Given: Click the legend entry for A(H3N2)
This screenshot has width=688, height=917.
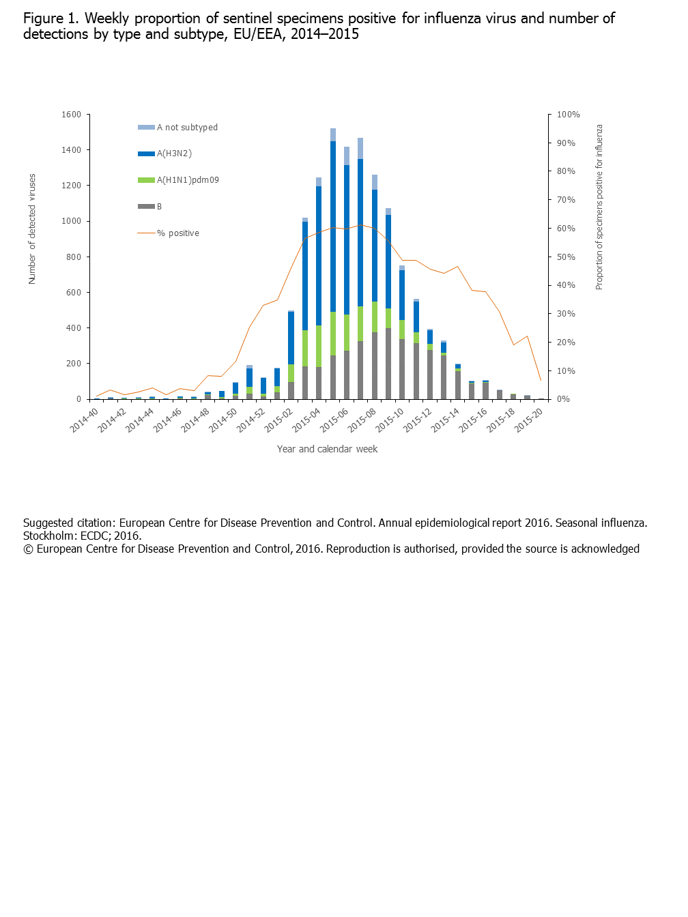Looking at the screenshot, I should pyautogui.click(x=174, y=154).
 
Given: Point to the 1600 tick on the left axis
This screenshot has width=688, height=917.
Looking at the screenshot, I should pyautogui.click(x=71, y=115).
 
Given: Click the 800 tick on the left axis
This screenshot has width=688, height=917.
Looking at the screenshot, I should pyautogui.click(x=74, y=257).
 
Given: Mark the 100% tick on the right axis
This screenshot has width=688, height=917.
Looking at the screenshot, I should pyautogui.click(x=568, y=115).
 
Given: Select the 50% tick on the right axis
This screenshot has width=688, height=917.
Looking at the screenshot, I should pyautogui.click(x=566, y=257).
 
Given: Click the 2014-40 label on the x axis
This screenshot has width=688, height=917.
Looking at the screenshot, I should pyautogui.click(x=84, y=420).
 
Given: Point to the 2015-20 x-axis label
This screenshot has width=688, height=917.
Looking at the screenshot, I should pyautogui.click(x=529, y=420).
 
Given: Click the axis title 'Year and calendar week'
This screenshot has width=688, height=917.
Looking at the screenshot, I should pyautogui.click(x=327, y=449).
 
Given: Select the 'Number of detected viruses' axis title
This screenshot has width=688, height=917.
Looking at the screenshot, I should pyautogui.click(x=32, y=229).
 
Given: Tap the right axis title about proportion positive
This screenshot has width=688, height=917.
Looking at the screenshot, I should pyautogui.click(x=599, y=207).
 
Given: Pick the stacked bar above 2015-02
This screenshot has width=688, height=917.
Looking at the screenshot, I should pyautogui.click(x=291, y=355).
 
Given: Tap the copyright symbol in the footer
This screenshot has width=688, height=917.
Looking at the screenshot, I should pyautogui.click(x=28, y=549).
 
